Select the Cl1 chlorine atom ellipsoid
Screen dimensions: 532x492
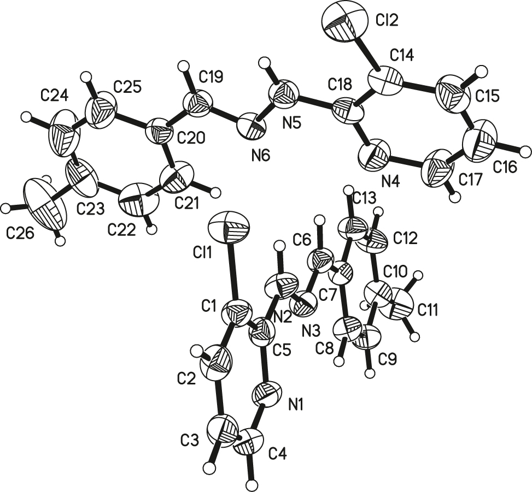pos(229,227)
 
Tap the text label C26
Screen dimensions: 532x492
pos(20,233)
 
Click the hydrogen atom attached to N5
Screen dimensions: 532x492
pos(264,62)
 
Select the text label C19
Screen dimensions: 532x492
pos(211,77)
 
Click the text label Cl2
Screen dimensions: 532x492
pos(387,21)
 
